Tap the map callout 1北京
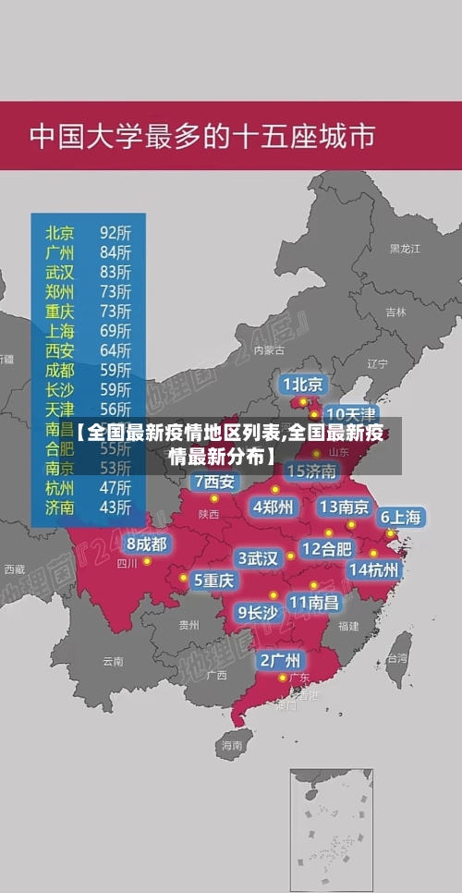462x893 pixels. [303, 384]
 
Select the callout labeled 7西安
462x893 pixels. [214, 482]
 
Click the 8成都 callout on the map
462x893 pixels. [147, 544]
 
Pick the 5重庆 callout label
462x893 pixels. [213, 581]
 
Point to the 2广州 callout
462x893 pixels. [280, 660]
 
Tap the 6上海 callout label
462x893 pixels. [401, 518]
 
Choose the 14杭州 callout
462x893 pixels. [374, 569]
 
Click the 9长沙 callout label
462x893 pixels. [258, 612]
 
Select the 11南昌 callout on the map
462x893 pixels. [314, 602]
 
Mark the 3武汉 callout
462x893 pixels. [259, 558]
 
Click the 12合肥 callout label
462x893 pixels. [327, 549]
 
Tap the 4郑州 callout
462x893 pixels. [274, 507]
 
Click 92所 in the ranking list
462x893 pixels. [115, 232]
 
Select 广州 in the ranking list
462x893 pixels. [60, 251]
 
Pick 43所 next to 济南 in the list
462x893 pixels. [115, 507]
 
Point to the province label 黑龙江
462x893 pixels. [405, 249]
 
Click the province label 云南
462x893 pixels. [113, 661]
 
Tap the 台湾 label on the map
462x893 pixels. [396, 658]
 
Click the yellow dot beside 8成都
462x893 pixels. [147, 561]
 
